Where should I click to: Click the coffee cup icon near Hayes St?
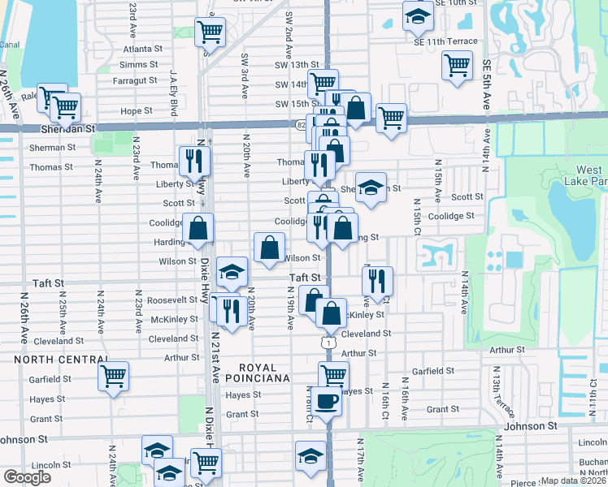point(327,400)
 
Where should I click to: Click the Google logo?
point(27,477)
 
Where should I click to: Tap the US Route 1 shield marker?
point(327,344)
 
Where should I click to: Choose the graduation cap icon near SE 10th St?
point(417,15)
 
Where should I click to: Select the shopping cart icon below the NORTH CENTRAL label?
point(114,376)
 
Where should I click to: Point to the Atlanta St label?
point(143,49)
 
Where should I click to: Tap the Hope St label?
point(136,111)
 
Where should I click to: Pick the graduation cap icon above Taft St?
point(232,272)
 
